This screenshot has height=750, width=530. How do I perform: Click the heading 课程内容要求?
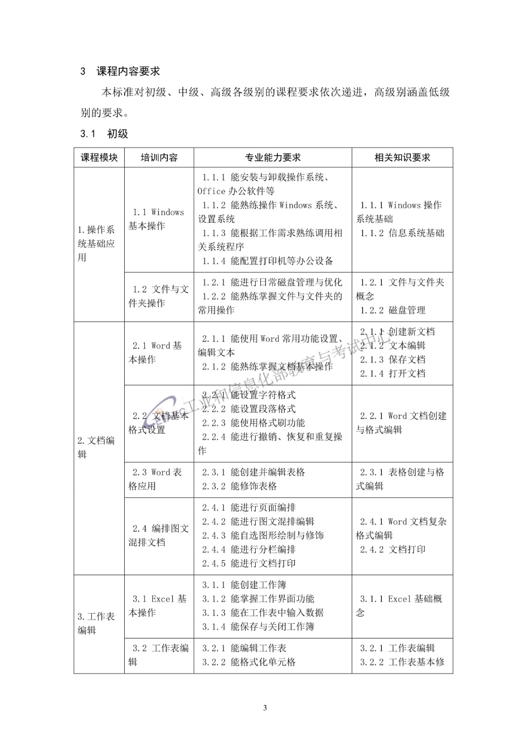pos(128,71)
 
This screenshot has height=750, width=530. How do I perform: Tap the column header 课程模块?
pos(99,158)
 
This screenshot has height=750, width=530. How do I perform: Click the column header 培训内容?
pos(159,158)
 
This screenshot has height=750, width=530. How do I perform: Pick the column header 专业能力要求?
pos(273,158)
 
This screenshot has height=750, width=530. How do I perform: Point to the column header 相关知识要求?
pos(402,158)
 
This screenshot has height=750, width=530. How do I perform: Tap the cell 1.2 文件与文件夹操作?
pos(159,296)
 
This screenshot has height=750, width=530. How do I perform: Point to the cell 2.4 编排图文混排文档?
pos(159,535)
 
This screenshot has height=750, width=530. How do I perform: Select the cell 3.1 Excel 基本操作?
pos(159,606)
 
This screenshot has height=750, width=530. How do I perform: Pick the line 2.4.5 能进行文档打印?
pos(249,563)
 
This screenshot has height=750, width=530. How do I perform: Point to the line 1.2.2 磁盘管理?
pos(393,310)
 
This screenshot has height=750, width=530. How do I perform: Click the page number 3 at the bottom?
pos(265,708)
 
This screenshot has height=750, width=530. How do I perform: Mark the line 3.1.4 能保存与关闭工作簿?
pos(258,627)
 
